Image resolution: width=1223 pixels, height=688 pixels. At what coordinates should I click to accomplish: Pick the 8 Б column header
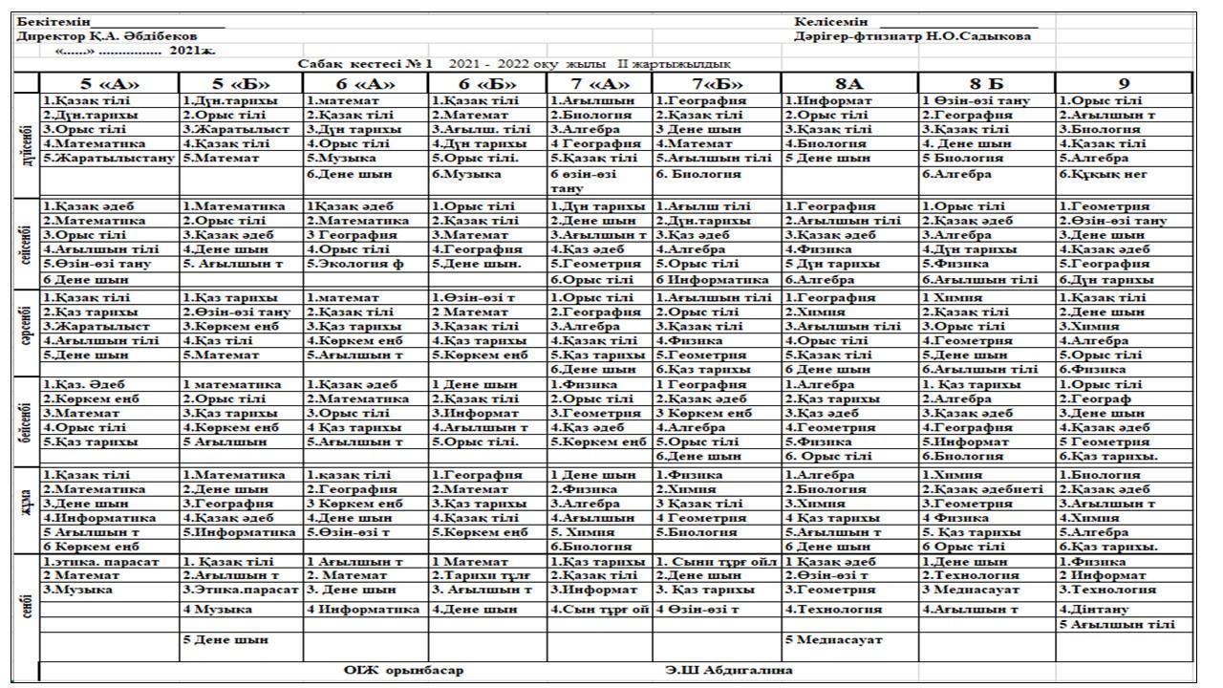point(985,82)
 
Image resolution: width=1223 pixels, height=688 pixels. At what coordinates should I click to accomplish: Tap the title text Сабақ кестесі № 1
point(366,63)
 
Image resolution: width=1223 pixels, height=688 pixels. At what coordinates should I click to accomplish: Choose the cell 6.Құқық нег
point(1102,174)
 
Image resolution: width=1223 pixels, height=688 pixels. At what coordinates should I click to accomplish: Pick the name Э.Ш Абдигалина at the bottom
point(728,670)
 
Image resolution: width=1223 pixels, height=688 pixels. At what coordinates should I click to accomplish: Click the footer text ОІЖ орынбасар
point(403,670)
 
